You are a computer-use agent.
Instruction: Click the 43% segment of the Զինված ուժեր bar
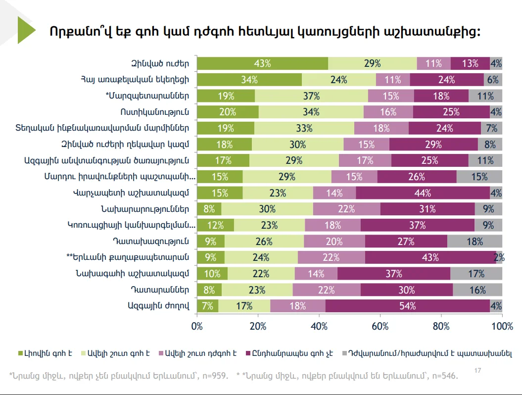(262, 63)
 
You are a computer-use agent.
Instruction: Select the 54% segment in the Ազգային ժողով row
(407, 306)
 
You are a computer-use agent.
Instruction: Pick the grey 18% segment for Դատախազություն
(475, 242)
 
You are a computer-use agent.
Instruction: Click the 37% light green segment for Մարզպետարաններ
(311, 96)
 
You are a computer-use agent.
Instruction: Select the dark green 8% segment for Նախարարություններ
(209, 209)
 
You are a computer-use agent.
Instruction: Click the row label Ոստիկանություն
(154, 112)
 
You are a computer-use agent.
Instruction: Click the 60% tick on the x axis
(380, 326)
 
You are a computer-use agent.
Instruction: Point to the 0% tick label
(197, 326)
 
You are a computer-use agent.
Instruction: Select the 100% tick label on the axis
(502, 326)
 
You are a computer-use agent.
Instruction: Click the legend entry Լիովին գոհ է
(45, 353)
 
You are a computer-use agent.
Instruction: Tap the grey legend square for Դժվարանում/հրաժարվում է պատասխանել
(346, 353)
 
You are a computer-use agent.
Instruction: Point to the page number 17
(477, 371)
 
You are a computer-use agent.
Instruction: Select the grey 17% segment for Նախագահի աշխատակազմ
(476, 274)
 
